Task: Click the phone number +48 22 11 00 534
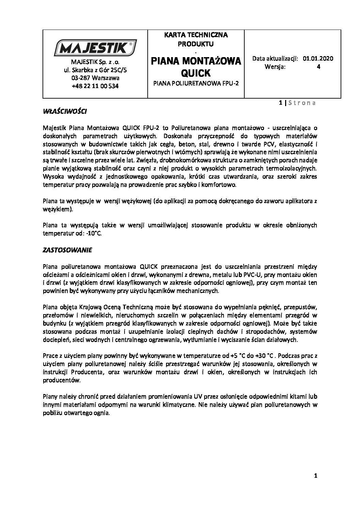pos(95,86)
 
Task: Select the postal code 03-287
pos(80,78)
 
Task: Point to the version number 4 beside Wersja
pos(318,67)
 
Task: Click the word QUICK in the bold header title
pos(196,73)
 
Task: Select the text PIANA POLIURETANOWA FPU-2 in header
pos(196,83)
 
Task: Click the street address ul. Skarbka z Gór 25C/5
pos(95,70)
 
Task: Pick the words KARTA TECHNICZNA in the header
pos(196,35)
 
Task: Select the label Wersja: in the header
pos(275,67)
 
